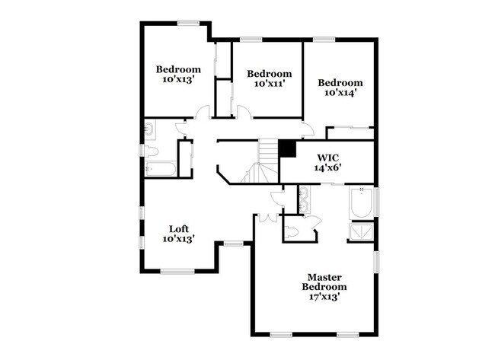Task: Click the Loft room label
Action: (179, 229)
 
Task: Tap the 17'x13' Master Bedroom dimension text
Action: (324, 297)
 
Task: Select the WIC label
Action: (327, 158)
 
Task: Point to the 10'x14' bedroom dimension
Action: (340, 92)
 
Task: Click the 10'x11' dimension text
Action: (270, 84)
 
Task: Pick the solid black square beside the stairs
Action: (287, 148)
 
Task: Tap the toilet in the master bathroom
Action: (291, 233)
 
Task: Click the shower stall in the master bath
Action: (362, 231)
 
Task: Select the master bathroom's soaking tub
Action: (362, 202)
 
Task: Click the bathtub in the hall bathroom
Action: (161, 169)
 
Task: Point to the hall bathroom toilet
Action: (151, 151)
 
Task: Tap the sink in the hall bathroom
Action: (149, 129)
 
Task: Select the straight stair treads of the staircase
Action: (268, 151)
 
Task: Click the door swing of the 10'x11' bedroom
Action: (244, 112)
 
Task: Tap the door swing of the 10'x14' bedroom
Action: (308, 129)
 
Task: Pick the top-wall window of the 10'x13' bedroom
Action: (188, 23)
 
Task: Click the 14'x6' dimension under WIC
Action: (327, 167)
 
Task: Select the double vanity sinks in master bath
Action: (304, 199)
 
